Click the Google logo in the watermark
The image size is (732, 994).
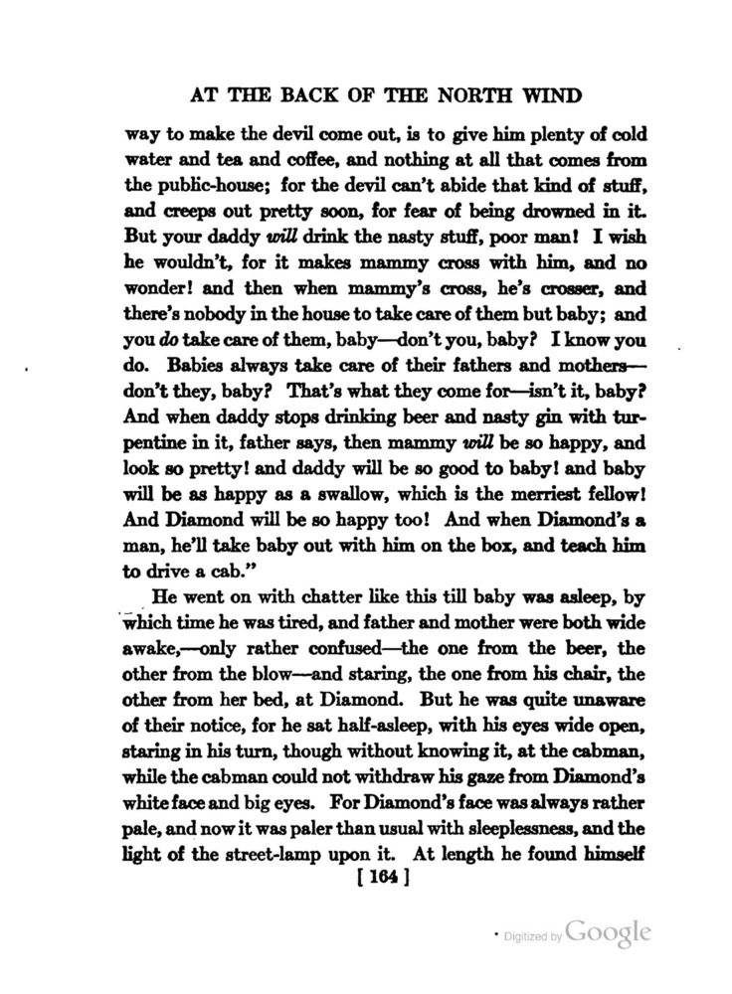tap(610, 932)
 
